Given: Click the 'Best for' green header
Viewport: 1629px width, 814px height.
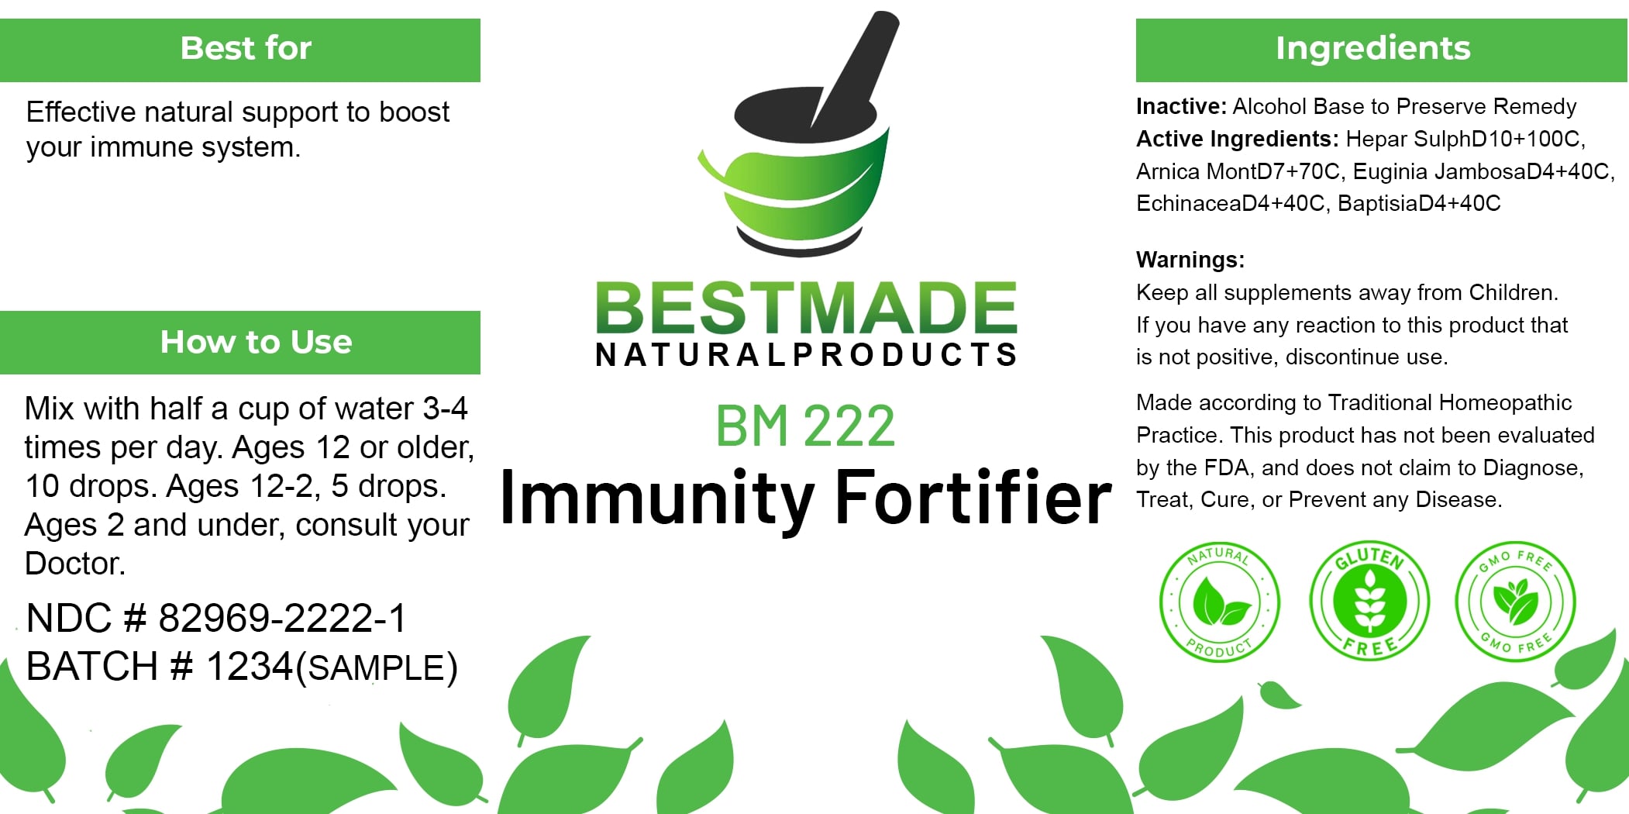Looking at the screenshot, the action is (x=240, y=50).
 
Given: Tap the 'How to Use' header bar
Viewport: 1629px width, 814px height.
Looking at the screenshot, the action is (x=240, y=343).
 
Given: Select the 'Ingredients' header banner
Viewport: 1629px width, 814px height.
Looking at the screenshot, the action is (x=1381, y=50).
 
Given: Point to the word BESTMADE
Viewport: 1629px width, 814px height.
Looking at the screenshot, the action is (x=806, y=308).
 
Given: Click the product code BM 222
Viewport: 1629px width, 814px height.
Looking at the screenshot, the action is (x=805, y=426).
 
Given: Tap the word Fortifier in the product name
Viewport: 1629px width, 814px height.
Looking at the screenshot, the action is (x=973, y=497).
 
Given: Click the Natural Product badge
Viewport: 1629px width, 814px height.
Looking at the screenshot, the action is (x=1219, y=602).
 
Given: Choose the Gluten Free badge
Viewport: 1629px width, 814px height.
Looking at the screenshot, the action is (x=1369, y=601).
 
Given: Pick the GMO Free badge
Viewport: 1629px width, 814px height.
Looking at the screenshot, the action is (x=1516, y=601).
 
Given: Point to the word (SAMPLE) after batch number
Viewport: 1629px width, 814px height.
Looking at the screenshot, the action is (x=377, y=668).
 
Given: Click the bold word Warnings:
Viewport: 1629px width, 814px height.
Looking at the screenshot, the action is (x=1190, y=260).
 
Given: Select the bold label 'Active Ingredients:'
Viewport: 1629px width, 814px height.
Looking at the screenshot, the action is (x=1238, y=139).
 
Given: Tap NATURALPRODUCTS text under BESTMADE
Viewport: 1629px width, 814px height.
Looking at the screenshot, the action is (x=806, y=354).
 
